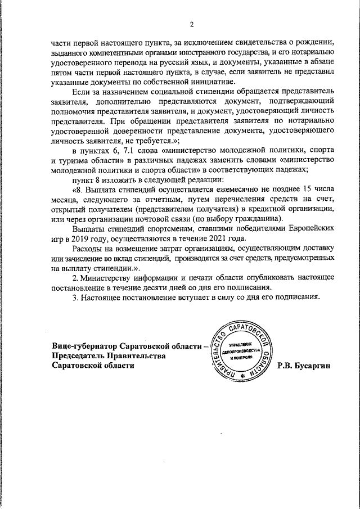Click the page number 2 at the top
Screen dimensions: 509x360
tap(191, 24)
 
